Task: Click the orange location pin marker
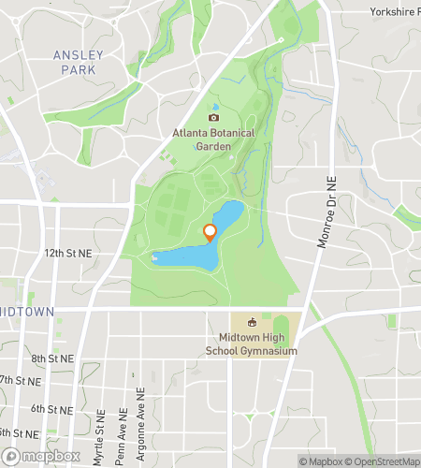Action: [x=210, y=232]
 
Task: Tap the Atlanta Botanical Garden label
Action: [x=213, y=139]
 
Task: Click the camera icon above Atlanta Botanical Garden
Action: [x=213, y=117]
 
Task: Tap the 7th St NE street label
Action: [x=21, y=381]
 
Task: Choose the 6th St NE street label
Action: [x=51, y=409]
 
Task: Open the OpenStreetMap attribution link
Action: [x=384, y=461]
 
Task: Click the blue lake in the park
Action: [x=182, y=255]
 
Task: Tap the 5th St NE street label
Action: [x=19, y=431]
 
